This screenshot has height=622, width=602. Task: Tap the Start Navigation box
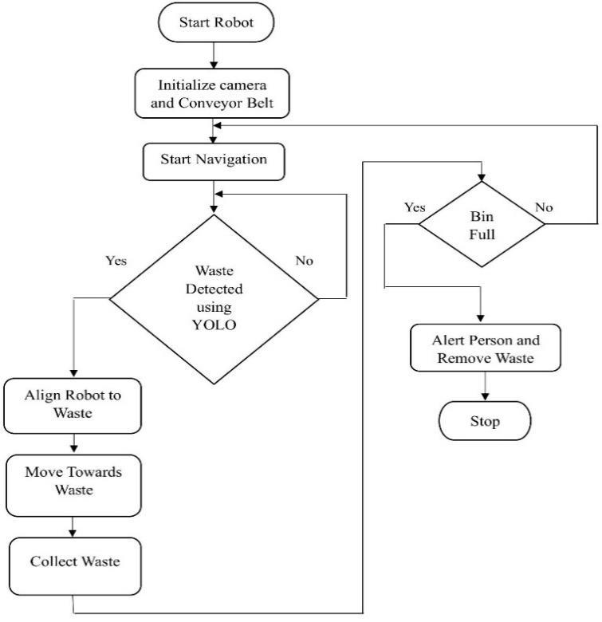[x=214, y=159]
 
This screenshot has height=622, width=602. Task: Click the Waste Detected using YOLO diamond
[x=214, y=299]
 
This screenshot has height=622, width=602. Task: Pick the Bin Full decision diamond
[x=482, y=225]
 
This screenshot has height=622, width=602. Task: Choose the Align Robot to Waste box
[x=73, y=405]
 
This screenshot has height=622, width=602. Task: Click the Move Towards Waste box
[x=73, y=481]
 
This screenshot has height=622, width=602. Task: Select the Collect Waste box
[x=75, y=561]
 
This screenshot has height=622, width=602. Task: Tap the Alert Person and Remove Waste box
[x=486, y=349]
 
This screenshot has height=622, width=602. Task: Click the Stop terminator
[x=486, y=420]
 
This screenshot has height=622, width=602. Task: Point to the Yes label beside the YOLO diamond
[x=117, y=261]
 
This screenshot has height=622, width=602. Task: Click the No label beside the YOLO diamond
[x=305, y=260]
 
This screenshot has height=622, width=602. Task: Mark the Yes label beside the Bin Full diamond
[x=415, y=207]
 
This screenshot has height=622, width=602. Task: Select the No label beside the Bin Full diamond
[x=544, y=207]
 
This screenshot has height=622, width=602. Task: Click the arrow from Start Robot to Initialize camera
[x=214, y=54]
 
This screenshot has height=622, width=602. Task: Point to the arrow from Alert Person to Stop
[x=486, y=387]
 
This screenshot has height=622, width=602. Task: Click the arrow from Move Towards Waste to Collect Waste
[x=73, y=526]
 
